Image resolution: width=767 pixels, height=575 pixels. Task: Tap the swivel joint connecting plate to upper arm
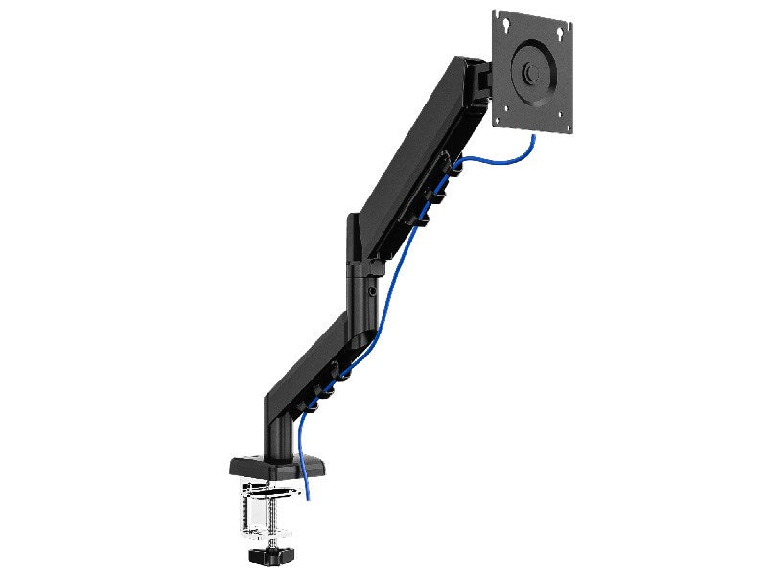[479, 82]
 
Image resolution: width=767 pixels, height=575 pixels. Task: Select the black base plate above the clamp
[269, 467]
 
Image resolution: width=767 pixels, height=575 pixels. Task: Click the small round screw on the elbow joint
[370, 287]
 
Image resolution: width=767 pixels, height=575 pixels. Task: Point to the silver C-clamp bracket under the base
[259, 503]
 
